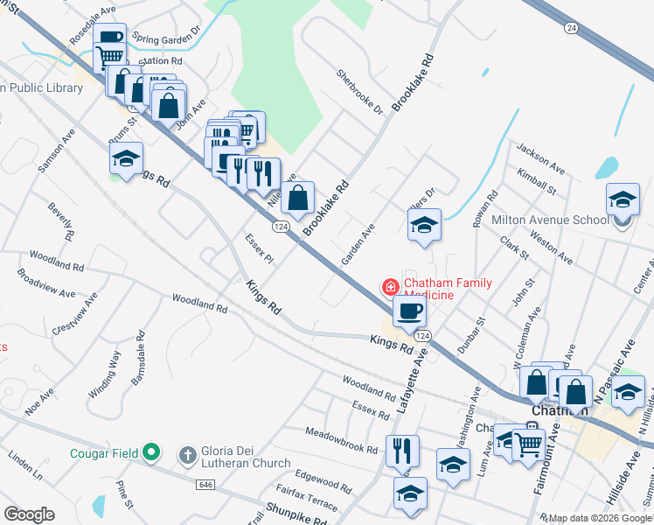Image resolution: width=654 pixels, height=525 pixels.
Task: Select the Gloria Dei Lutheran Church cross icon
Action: (186, 455)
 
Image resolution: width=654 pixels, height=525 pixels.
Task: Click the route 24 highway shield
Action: (571, 28)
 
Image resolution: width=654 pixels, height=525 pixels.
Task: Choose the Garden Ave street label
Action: (358, 244)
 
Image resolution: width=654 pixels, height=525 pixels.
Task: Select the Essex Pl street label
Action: (260, 248)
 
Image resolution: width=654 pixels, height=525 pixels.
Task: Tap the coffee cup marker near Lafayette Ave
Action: (408, 311)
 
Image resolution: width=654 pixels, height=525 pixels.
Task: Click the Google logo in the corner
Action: (29, 514)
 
